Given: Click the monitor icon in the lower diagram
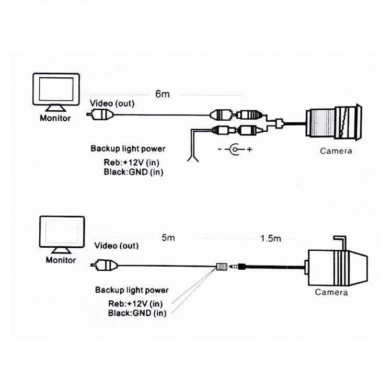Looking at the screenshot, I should [x=62, y=234].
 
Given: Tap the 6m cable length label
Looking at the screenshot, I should [x=163, y=95].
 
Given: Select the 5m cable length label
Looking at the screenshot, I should [x=168, y=238].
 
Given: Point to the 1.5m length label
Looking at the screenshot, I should [x=271, y=238].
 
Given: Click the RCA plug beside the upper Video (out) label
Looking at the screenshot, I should [x=101, y=113].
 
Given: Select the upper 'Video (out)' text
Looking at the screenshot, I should [x=112, y=103].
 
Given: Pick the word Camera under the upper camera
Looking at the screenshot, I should [x=336, y=151].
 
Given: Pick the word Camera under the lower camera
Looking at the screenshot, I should [x=331, y=293].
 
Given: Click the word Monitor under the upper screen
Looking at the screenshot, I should [x=55, y=118].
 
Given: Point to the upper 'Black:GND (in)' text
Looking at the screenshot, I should [x=133, y=172].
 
